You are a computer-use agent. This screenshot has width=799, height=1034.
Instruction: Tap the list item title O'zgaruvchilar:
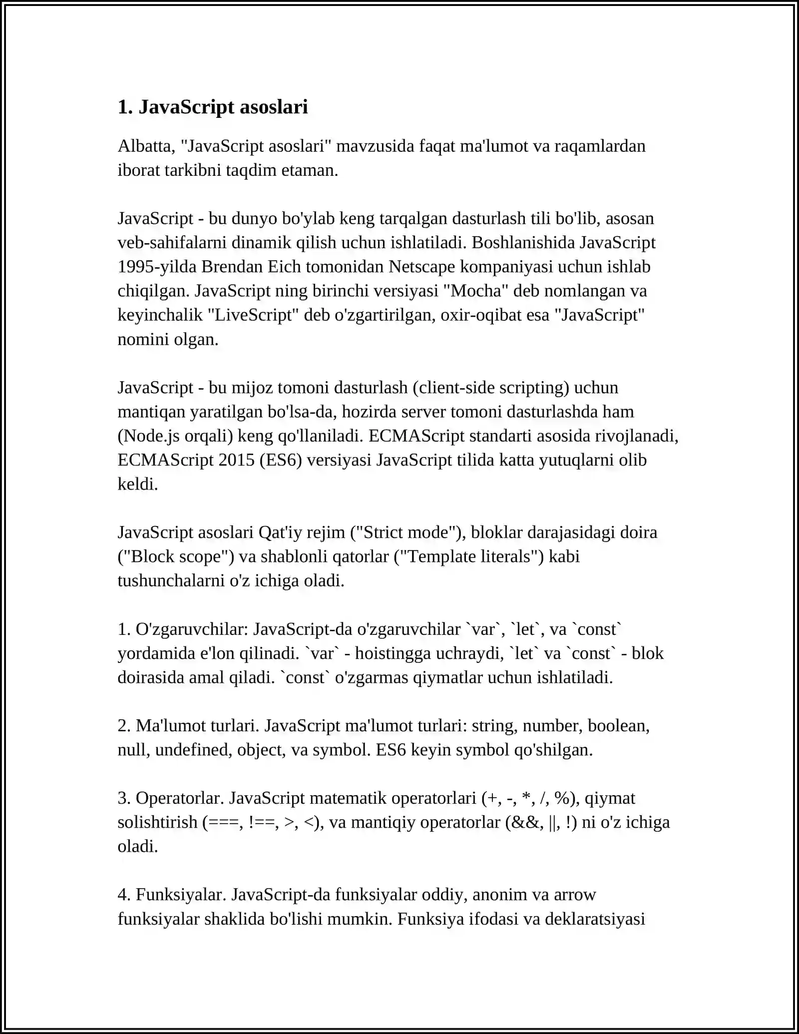[x=192, y=629]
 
